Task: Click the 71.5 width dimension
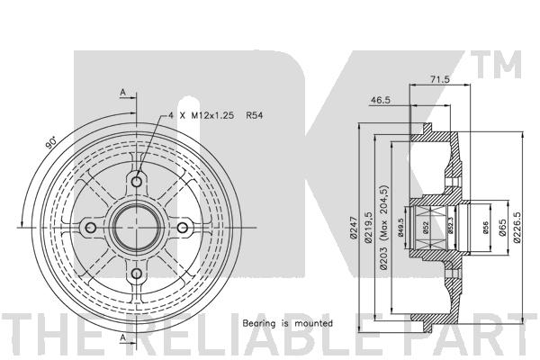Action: click(x=440, y=79)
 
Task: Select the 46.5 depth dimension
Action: click(x=381, y=100)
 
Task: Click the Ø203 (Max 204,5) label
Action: click(x=383, y=228)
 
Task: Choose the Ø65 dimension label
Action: click(x=502, y=228)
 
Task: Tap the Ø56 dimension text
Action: click(x=486, y=228)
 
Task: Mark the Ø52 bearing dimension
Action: click(x=426, y=228)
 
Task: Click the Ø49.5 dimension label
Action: click(x=400, y=228)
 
